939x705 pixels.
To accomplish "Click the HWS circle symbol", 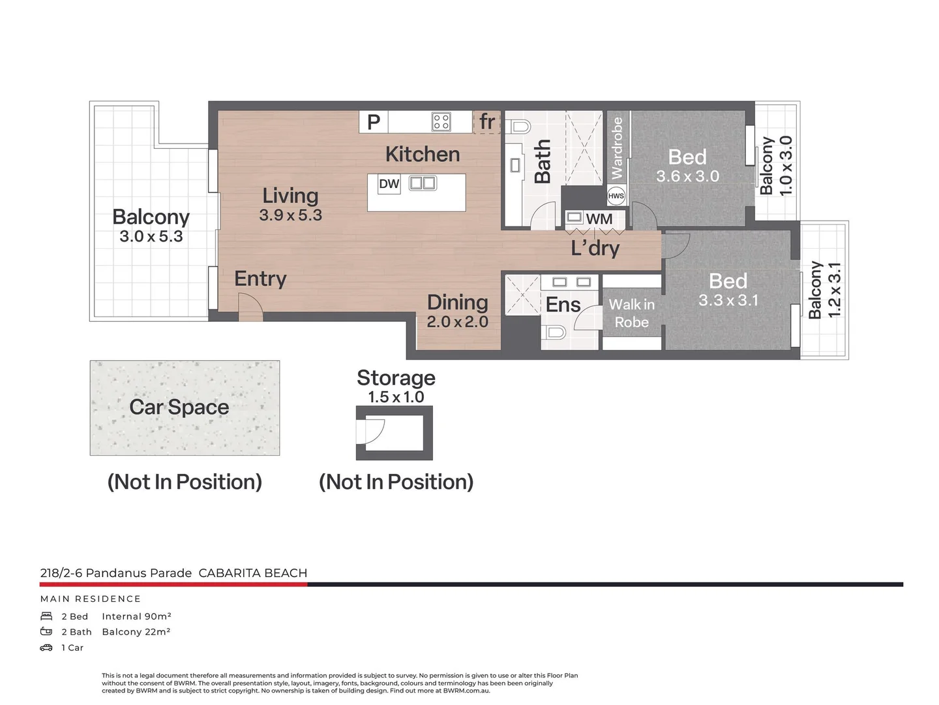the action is (616, 196).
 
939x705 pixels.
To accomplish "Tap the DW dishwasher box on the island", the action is (389, 183).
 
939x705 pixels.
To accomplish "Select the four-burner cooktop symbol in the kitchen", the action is (441, 121).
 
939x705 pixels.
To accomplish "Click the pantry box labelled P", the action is (374, 122).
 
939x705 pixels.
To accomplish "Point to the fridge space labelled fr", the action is (487, 121).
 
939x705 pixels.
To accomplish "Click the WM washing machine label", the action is (599, 219).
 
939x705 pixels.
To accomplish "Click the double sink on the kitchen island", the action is (423, 183).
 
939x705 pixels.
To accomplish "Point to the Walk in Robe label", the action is (631, 313).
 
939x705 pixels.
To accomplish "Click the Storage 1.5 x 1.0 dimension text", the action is (396, 397).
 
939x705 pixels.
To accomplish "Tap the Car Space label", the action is (179, 407).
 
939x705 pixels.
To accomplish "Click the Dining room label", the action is (458, 302).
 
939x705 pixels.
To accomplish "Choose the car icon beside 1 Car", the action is (46, 648).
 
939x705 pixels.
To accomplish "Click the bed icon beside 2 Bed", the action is (46, 616).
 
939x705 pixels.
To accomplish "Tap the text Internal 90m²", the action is (136, 616).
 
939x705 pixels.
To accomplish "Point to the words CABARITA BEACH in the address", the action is (253, 573).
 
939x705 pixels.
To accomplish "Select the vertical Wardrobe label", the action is (616, 148).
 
